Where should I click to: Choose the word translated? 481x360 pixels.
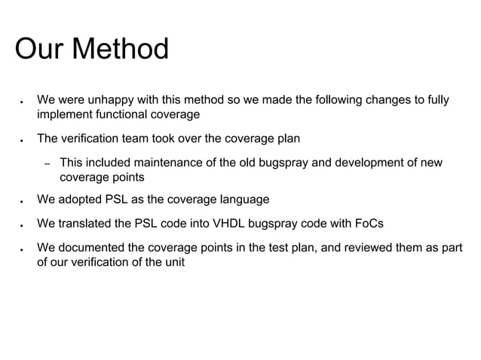90,224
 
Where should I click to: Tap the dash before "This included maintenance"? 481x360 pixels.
45,164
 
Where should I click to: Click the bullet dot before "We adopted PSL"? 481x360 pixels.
23,201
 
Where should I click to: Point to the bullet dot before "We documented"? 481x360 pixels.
23,249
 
